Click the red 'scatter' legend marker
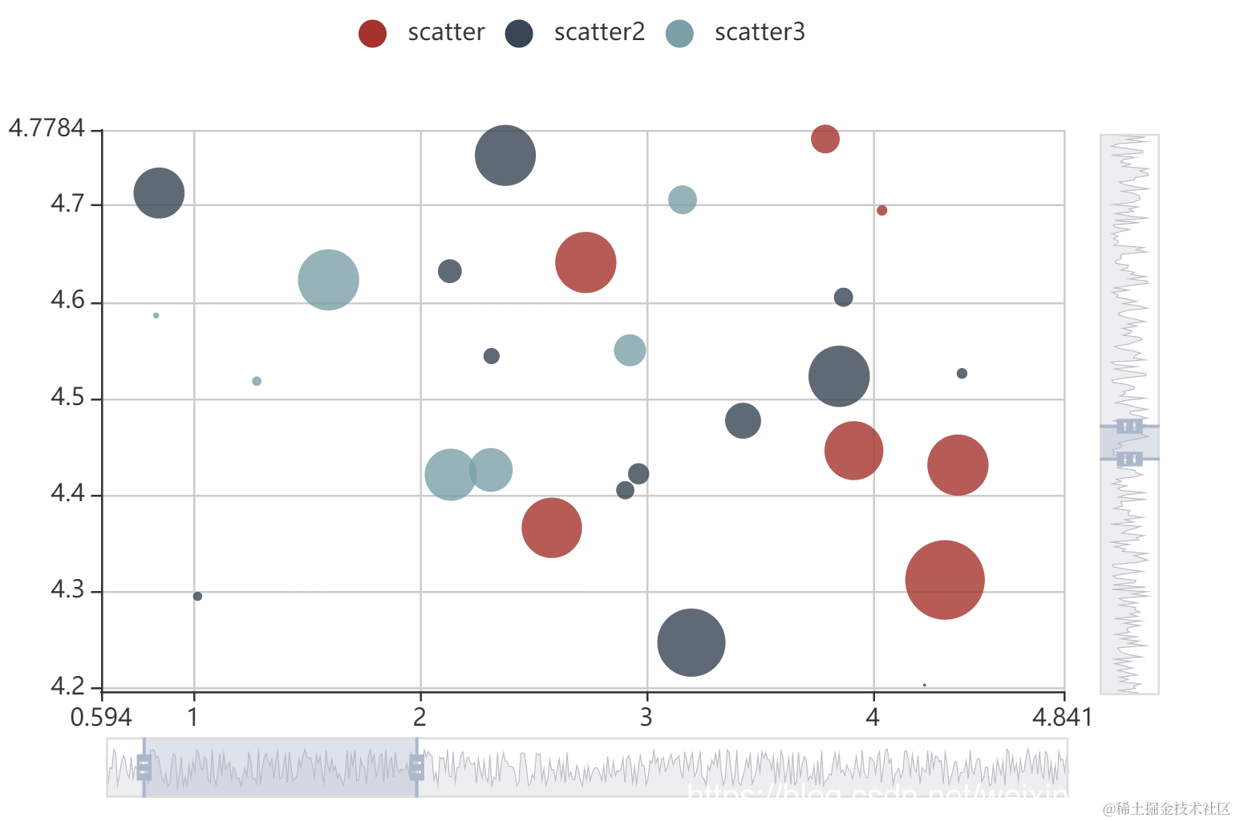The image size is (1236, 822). click(x=372, y=33)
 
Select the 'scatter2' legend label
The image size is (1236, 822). click(x=598, y=32)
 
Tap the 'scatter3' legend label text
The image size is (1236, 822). click(x=759, y=32)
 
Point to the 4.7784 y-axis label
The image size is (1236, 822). click(x=47, y=128)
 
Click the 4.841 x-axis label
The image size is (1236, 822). click(x=1061, y=717)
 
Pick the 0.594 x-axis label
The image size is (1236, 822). click(x=101, y=717)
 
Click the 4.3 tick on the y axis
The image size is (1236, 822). click(x=67, y=590)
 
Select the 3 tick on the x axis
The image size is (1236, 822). click(x=646, y=716)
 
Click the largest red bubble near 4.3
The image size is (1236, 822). click(x=944, y=580)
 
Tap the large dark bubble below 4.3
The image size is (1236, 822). click(x=691, y=642)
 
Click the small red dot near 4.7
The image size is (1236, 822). click(x=881, y=210)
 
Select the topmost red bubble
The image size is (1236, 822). click(x=825, y=139)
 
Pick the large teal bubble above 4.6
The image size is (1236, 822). click(x=328, y=280)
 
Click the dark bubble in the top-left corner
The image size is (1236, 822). click(x=159, y=193)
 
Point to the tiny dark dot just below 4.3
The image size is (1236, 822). click(x=197, y=596)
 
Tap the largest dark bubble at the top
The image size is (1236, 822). click(x=505, y=156)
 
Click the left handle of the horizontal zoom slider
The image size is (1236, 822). click(x=144, y=767)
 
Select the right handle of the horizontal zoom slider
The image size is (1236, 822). click(x=416, y=767)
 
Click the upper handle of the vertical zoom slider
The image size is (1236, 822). click(x=1129, y=426)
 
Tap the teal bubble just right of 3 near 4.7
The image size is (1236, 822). click(x=682, y=200)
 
